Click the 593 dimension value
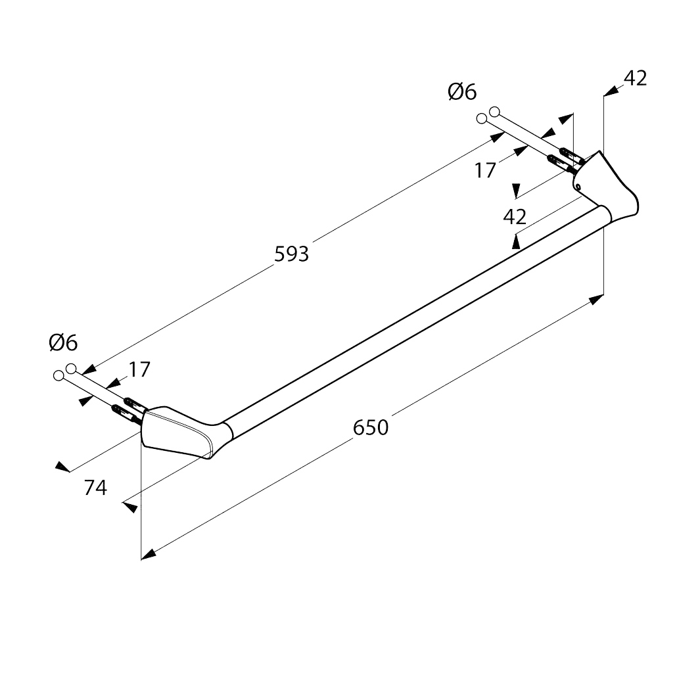(x=291, y=254)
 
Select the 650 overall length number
(x=371, y=427)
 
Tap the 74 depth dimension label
(x=95, y=488)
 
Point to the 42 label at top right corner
(x=635, y=78)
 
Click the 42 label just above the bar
(x=515, y=217)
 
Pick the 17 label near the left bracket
(x=139, y=369)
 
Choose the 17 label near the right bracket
(x=485, y=170)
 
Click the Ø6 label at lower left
(x=63, y=343)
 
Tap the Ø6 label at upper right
(x=462, y=91)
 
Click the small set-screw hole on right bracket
(x=578, y=187)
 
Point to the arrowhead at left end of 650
(x=149, y=554)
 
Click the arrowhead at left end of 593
(x=88, y=369)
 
